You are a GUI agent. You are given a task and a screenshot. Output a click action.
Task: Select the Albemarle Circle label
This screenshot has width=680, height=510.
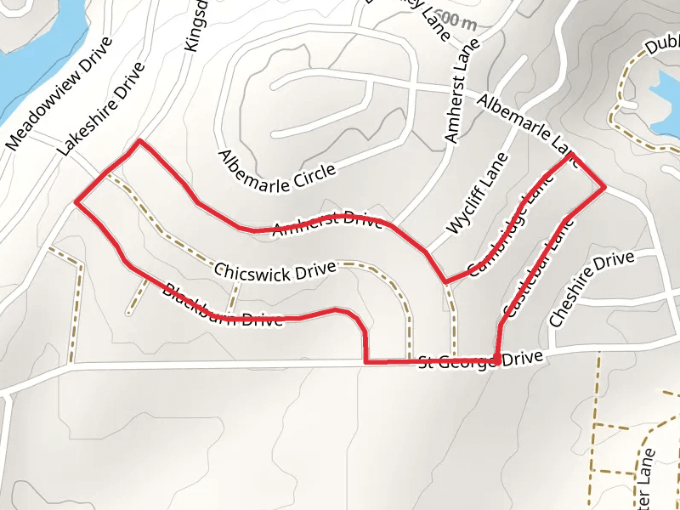277,170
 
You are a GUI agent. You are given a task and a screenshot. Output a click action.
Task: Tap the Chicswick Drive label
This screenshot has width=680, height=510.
275,271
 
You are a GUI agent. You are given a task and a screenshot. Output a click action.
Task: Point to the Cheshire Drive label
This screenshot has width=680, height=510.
592,289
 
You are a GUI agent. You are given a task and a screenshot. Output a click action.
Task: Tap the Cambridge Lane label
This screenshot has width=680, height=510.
506,229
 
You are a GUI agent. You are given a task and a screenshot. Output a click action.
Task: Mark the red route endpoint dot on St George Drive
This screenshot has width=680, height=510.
496,360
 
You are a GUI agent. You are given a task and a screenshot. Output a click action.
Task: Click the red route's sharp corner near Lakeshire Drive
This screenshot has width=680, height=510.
139,141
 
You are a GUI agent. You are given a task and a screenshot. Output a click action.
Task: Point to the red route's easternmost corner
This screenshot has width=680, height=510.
603,186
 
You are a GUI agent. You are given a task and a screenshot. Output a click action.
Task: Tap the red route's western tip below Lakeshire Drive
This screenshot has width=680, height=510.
76,202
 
